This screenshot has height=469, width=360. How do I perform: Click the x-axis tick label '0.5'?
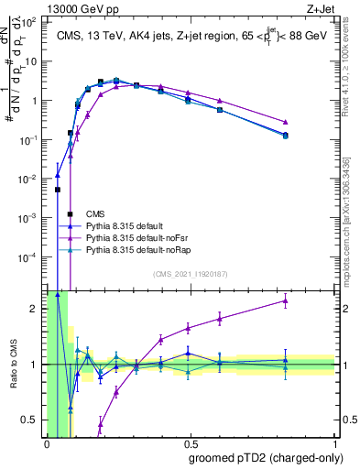click(x=191, y=443)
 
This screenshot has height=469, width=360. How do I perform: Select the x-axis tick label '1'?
click(x=335, y=443)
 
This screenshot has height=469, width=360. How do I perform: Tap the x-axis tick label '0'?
click(x=46, y=443)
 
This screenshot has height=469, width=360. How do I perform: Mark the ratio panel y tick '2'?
click(x=33, y=309)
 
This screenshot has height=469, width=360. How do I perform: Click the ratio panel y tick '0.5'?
click(x=30, y=420)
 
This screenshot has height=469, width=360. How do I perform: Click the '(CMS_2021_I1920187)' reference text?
click(x=191, y=273)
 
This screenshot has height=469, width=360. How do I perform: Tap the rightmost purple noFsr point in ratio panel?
click(x=286, y=300)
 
